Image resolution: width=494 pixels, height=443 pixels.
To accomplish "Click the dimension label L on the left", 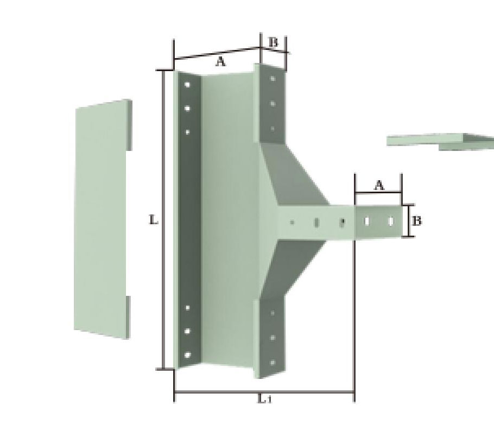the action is [153, 220].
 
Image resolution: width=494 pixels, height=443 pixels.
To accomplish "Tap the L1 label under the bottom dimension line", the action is [264, 399].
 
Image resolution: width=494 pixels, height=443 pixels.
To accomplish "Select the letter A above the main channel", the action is [221, 61].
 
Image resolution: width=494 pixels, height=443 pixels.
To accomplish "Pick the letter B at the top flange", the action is [274, 42].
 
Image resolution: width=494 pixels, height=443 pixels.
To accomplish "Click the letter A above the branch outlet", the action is [379, 185].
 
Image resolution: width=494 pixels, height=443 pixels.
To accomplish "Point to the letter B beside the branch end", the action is [416, 221].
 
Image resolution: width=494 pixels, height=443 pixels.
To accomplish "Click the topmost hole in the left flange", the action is [187, 85].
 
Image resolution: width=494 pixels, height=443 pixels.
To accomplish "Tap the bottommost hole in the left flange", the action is [187, 355].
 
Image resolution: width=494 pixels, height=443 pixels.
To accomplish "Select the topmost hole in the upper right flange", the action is [273, 79].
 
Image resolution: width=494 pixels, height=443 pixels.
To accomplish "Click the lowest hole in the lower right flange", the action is [273, 362].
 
